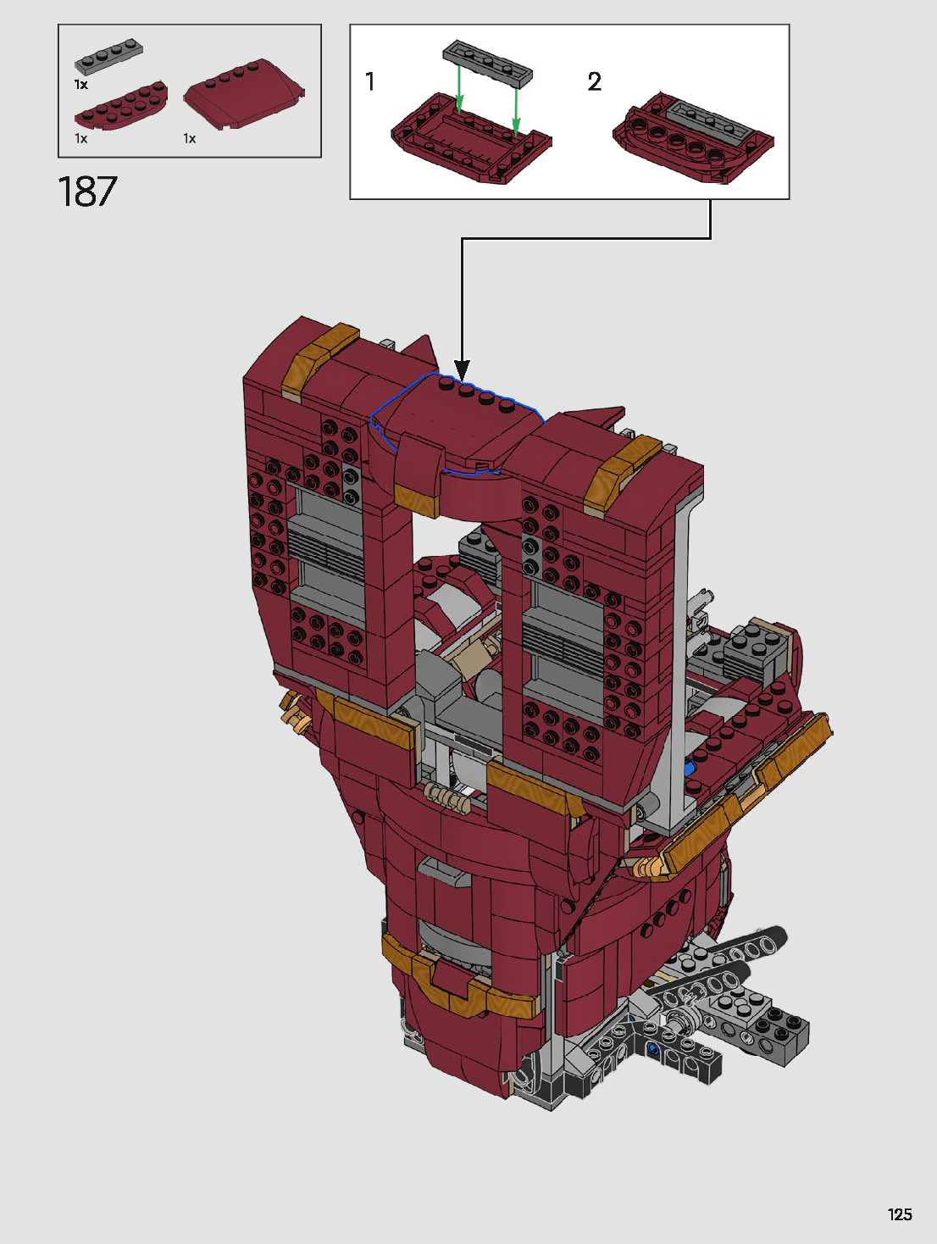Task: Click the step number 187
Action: coord(87,191)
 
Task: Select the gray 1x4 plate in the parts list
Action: coord(108,57)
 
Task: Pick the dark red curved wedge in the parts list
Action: coord(244,93)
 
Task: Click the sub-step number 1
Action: coord(370,81)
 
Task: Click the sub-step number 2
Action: coord(594,81)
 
